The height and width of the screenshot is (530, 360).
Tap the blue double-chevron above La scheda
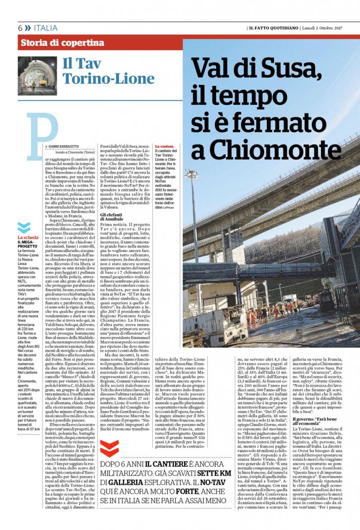22,227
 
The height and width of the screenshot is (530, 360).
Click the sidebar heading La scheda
27,238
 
